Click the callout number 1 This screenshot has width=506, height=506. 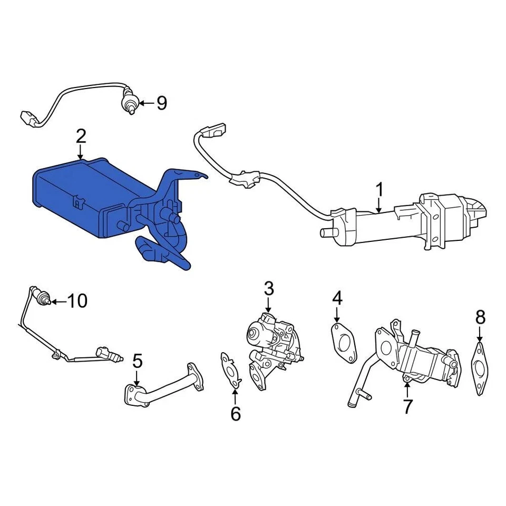tap(379, 190)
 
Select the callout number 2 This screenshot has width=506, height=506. tap(80, 137)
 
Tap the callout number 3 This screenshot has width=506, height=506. tap(268, 288)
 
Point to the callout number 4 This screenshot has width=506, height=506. tap(337, 298)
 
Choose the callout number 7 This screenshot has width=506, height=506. tap(407, 406)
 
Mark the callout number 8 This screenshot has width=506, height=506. tap(480, 317)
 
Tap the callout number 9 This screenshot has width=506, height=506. tap(161, 103)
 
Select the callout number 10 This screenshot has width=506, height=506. tap(77, 301)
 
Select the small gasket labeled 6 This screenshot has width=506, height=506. tap(230, 369)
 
